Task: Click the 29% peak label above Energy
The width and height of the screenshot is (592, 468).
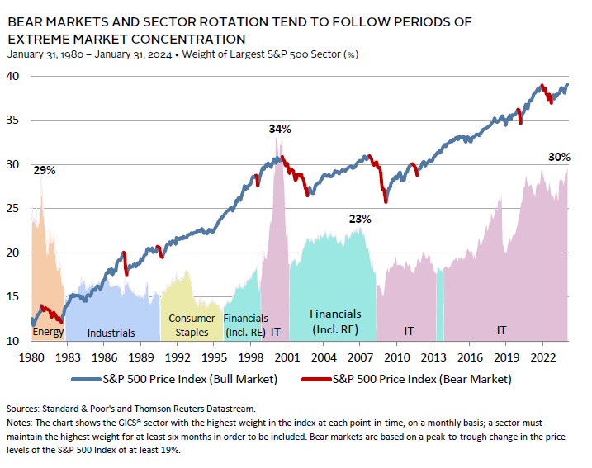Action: coord(45,171)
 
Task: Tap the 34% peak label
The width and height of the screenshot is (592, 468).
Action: coord(280,130)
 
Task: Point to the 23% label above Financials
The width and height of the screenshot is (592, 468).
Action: coord(360,220)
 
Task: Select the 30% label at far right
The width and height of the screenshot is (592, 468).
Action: coord(559,157)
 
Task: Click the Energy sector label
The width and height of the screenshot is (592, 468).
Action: coord(47,332)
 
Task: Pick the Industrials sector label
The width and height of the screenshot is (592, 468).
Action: coord(111,333)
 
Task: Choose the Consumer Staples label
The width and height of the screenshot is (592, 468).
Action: coord(192,325)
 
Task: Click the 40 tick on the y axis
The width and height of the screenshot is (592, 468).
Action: coord(14,76)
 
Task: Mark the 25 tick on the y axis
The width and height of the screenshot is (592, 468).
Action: coord(14,209)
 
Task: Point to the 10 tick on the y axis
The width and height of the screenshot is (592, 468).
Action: coord(14,341)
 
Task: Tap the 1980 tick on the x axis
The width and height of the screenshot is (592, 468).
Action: coord(31,358)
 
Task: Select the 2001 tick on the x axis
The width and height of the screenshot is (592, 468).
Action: coord(287,358)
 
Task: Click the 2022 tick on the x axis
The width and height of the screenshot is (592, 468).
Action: coord(542,358)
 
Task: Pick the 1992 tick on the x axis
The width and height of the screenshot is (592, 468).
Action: coord(178,358)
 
